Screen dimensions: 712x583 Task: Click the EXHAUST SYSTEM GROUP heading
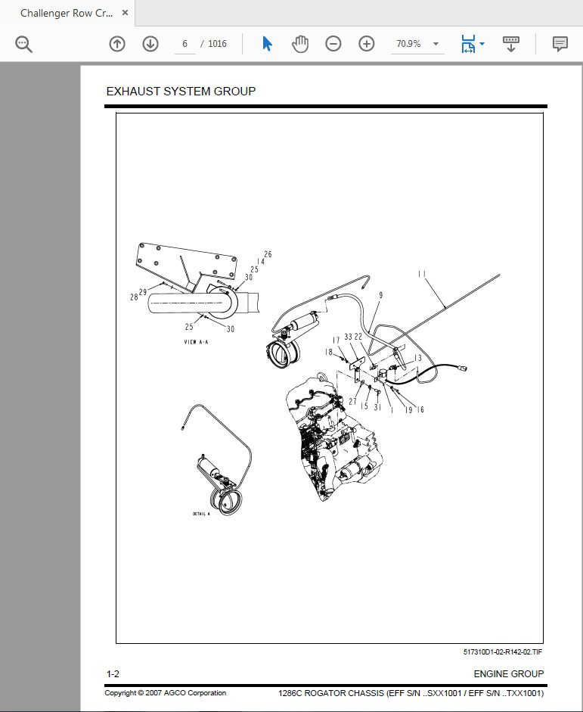tap(181, 92)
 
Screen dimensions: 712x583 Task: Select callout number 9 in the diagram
tap(380, 295)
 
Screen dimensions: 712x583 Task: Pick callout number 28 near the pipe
tap(134, 297)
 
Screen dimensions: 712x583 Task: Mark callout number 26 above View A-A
tap(268, 254)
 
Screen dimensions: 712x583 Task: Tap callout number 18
tap(329, 352)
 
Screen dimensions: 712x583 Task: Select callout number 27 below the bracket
tap(352, 401)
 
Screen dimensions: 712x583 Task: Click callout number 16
tap(420, 409)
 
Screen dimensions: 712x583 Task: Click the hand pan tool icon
tap(300, 44)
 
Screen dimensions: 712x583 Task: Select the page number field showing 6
tap(185, 44)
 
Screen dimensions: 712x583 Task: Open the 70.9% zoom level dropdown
tap(417, 44)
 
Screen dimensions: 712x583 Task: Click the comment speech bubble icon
tap(560, 44)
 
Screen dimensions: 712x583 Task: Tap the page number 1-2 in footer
tap(113, 673)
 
